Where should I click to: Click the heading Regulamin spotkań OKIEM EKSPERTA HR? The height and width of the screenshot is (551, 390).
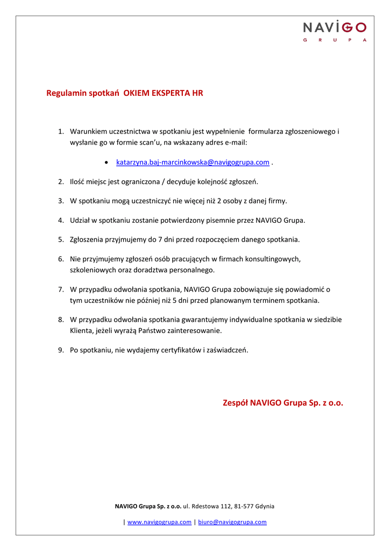(x=125, y=93)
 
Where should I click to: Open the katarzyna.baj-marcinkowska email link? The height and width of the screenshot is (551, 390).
(x=193, y=162)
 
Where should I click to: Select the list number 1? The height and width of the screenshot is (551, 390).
(x=61, y=131)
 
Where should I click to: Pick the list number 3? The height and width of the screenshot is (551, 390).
(x=61, y=201)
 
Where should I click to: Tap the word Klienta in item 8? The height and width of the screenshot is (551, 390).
(x=81, y=330)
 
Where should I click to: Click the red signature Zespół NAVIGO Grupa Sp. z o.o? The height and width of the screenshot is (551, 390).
(x=282, y=402)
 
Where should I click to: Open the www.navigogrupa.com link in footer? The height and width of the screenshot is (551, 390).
(x=159, y=522)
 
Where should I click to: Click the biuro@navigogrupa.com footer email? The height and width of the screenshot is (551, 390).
(x=232, y=522)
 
